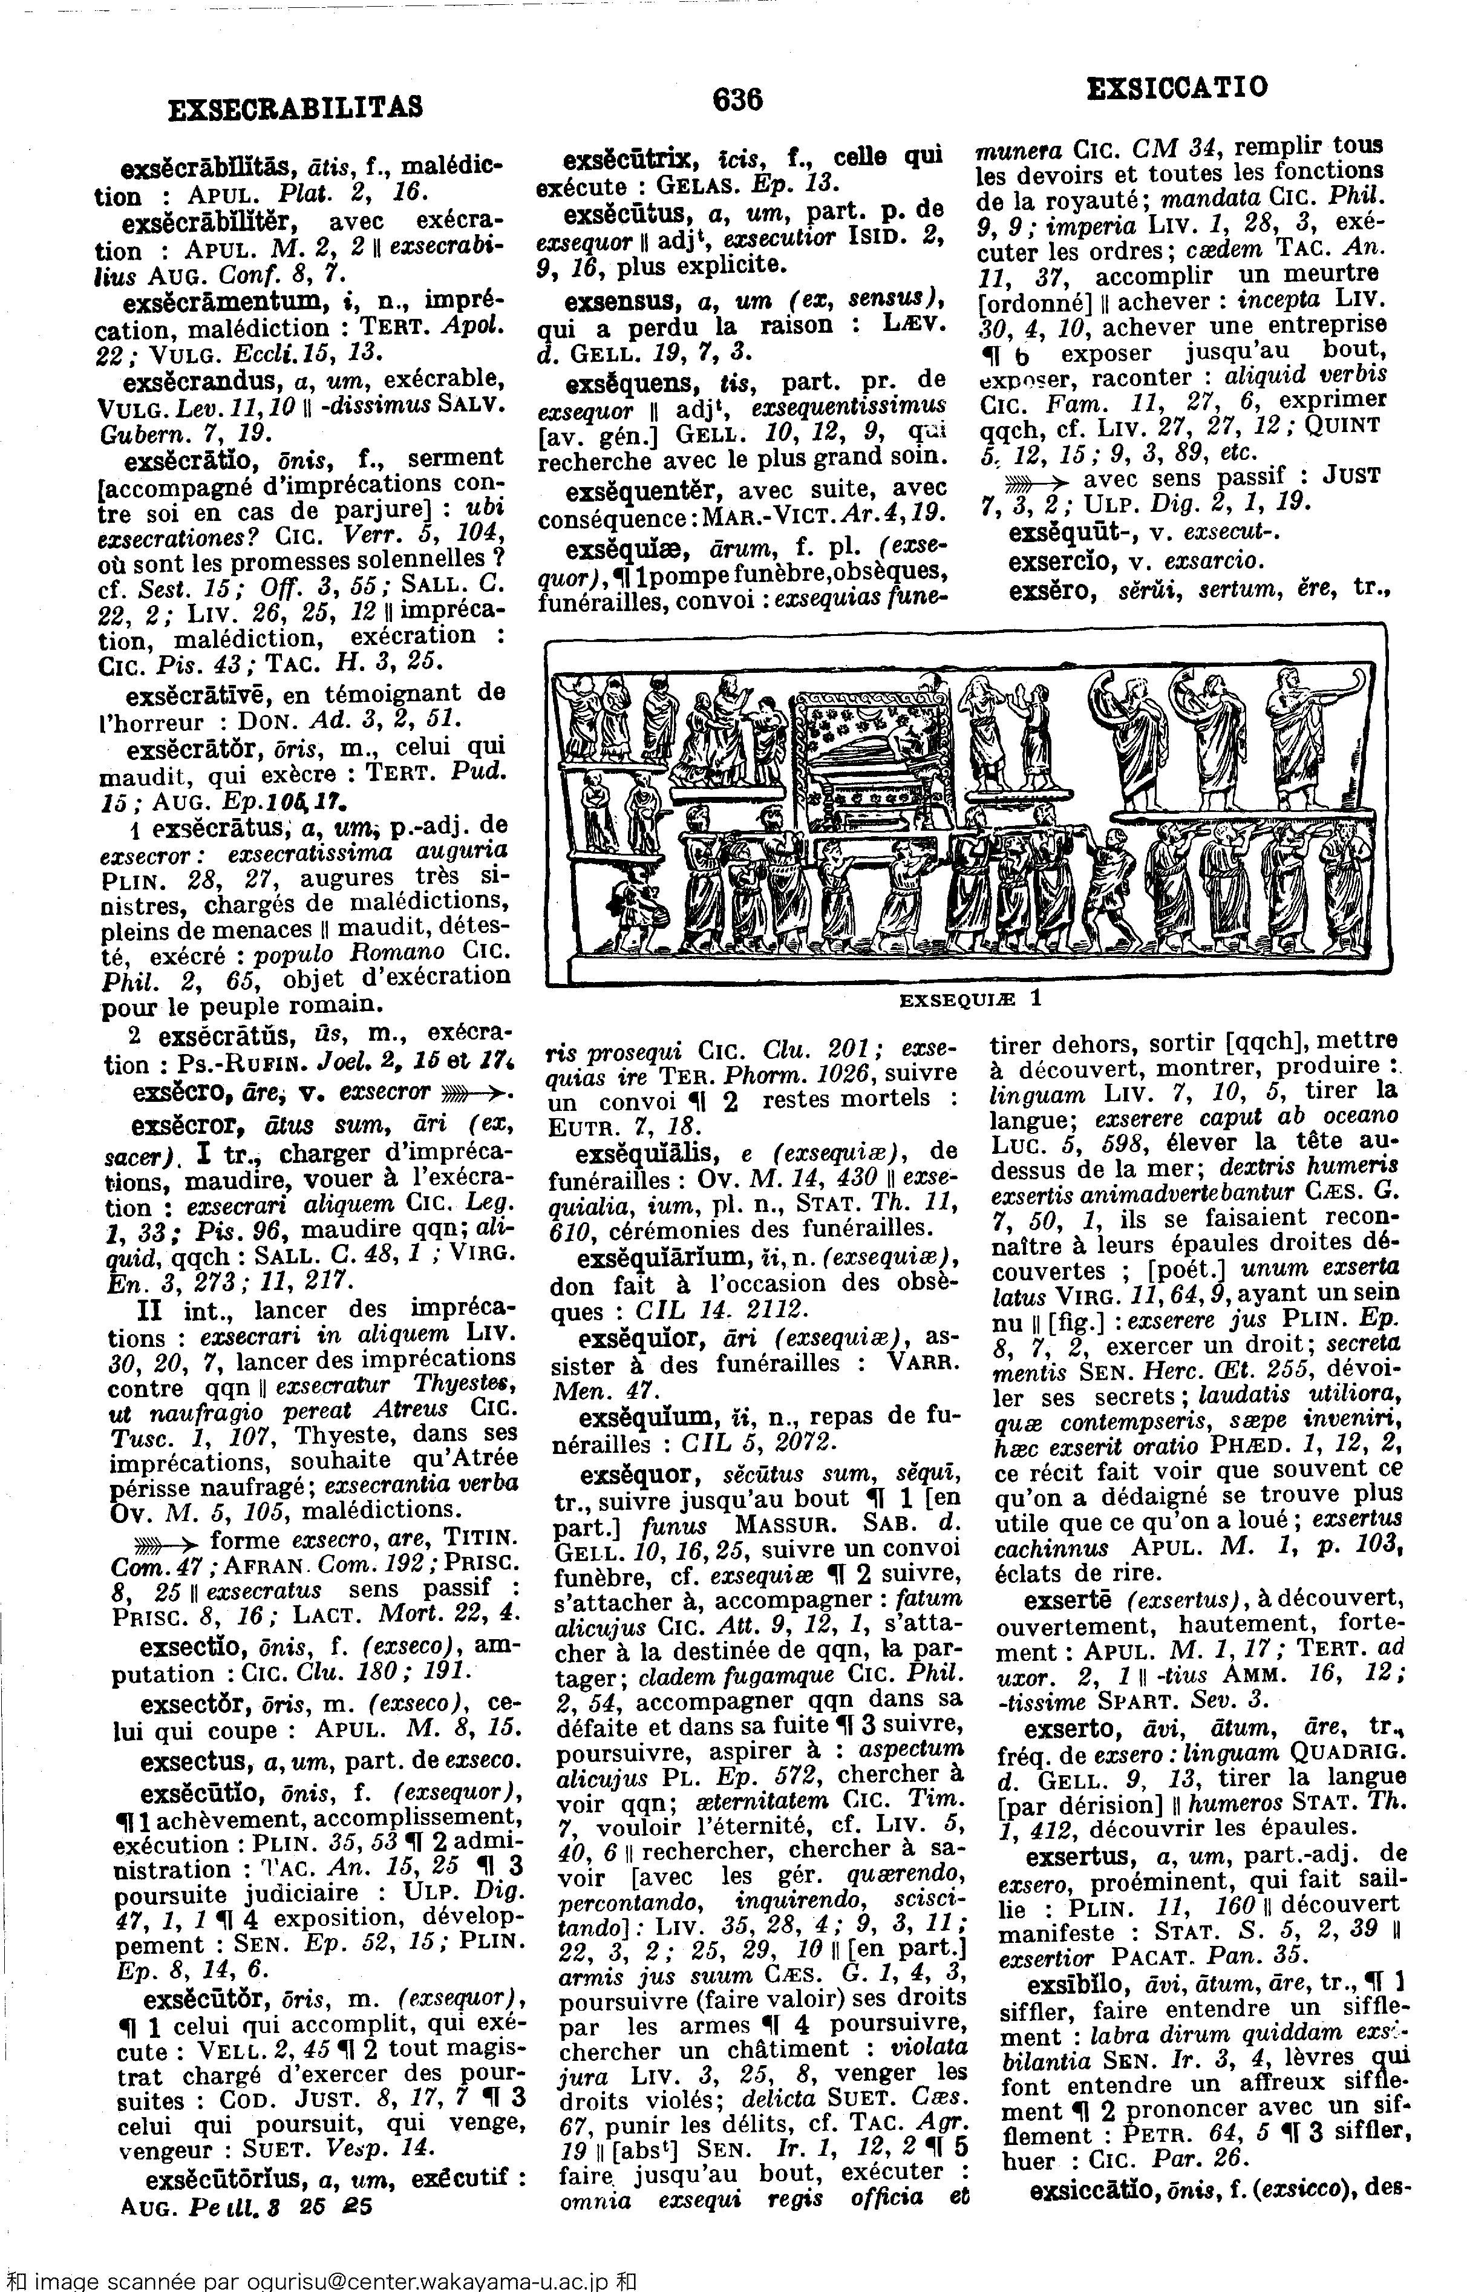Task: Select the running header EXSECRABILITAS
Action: tap(295, 108)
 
